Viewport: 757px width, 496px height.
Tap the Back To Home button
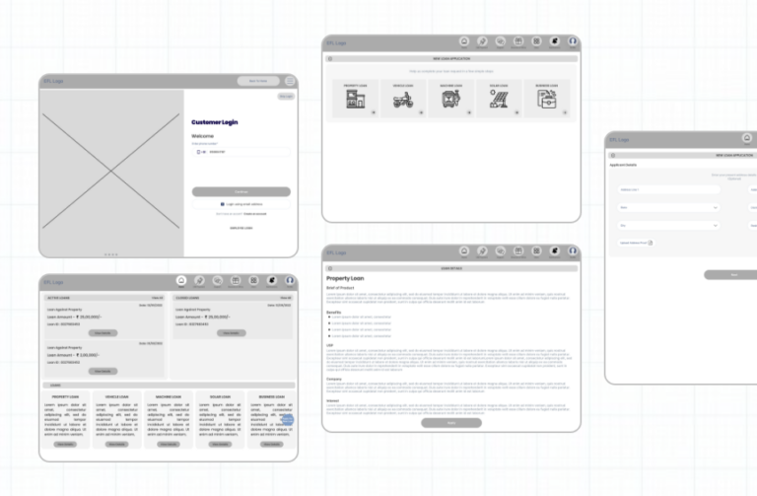click(257, 81)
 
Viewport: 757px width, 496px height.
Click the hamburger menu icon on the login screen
click(290, 81)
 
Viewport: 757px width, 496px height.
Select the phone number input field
click(241, 152)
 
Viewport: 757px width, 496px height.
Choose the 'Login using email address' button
click(241, 204)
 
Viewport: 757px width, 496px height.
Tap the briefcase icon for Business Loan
click(546, 101)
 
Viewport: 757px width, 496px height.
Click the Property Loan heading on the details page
click(347, 279)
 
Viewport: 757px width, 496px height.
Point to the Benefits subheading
click(333, 312)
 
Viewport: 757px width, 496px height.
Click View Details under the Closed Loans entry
click(230, 332)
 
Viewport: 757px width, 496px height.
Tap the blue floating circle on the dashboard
click(287, 420)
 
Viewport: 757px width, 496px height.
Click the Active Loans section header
click(58, 297)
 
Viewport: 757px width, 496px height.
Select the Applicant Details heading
click(624, 165)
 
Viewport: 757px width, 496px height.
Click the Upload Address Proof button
click(637, 242)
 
